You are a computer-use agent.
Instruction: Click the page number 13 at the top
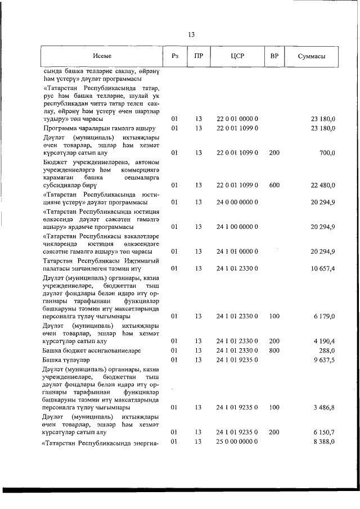click(191, 35)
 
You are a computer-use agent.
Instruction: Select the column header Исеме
click(103, 56)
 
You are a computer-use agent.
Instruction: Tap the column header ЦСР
click(237, 56)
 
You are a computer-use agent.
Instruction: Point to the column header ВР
click(274, 56)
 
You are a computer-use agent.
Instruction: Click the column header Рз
click(174, 56)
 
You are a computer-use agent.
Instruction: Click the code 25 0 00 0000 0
click(237, 442)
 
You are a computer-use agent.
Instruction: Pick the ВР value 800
click(274, 350)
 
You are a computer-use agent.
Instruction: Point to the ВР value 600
click(274, 185)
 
